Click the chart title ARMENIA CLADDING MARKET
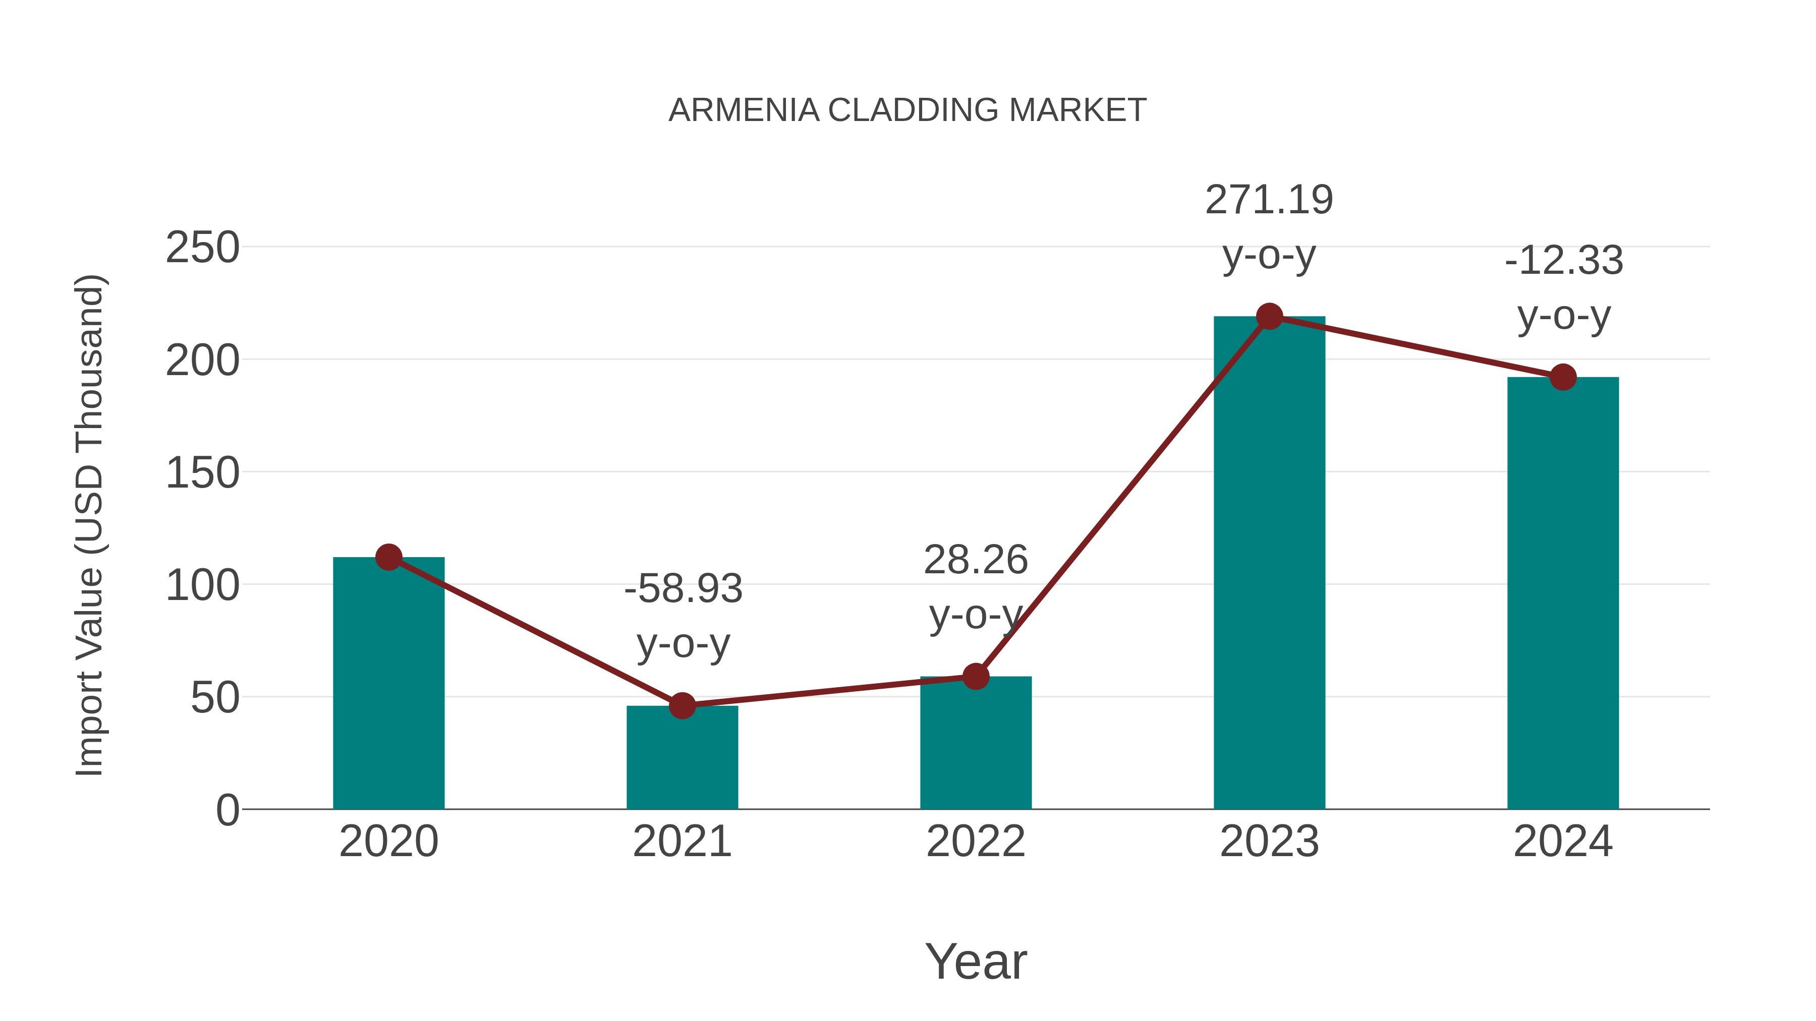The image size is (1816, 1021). pyautogui.click(x=907, y=110)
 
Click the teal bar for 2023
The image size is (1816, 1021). pyautogui.click(x=1269, y=564)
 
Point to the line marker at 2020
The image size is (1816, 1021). pyautogui.click(x=388, y=557)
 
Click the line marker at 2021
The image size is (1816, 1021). pyautogui.click(x=682, y=705)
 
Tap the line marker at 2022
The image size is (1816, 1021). pyautogui.click(x=976, y=677)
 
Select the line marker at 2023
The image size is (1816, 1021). pyautogui.click(x=1269, y=316)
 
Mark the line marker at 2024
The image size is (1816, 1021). pyautogui.click(x=1563, y=377)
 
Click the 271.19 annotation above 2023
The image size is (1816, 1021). pyautogui.click(x=1269, y=201)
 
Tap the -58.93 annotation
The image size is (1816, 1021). pyautogui.click(x=683, y=589)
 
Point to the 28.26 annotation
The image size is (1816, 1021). pyautogui.click(x=976, y=561)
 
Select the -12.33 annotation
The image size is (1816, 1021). pyautogui.click(x=1564, y=261)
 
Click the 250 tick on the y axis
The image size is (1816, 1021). pyautogui.click(x=202, y=248)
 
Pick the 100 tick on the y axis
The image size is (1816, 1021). pyautogui.click(x=202, y=585)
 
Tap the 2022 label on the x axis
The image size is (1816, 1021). pyautogui.click(x=976, y=842)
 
